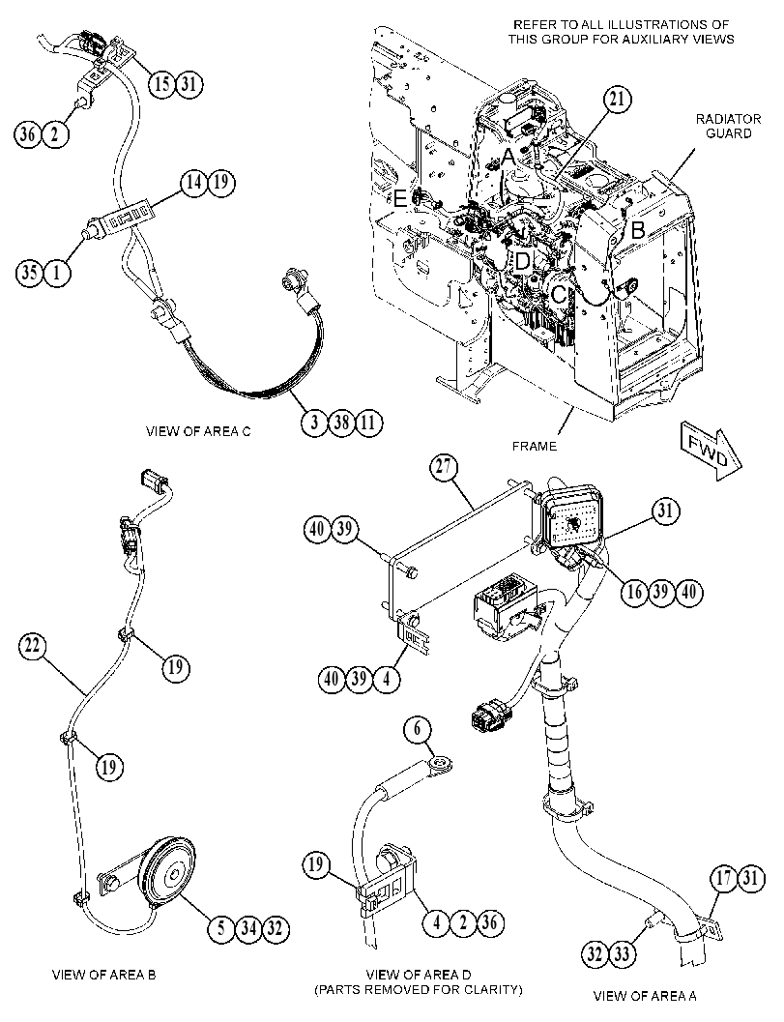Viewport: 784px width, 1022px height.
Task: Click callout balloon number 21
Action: [617, 100]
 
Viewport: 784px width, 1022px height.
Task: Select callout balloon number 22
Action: [32, 646]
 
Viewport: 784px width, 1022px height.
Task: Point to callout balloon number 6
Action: [419, 729]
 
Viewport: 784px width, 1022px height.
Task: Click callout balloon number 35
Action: [30, 272]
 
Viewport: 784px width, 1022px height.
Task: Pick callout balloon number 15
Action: [161, 83]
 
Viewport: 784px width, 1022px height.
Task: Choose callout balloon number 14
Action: [194, 182]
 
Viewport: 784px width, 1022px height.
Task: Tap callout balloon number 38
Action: [341, 423]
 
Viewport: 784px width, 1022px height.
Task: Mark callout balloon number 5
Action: [221, 927]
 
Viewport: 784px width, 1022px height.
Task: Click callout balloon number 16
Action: [634, 591]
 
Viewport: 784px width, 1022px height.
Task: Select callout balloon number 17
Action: [724, 878]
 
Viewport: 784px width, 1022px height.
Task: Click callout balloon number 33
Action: [622, 955]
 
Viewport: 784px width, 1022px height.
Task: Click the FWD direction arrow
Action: [711, 450]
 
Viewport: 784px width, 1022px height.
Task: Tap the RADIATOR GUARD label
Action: [728, 126]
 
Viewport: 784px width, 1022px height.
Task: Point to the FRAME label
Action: [535, 447]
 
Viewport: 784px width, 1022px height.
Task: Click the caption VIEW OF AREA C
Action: [197, 431]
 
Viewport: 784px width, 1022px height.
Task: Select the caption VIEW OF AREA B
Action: [103, 975]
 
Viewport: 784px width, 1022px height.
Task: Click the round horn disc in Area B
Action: [170, 872]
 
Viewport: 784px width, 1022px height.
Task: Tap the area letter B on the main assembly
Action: [638, 230]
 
